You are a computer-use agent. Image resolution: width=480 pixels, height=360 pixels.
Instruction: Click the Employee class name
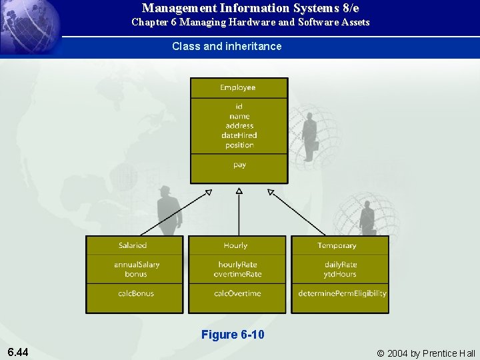(x=239, y=88)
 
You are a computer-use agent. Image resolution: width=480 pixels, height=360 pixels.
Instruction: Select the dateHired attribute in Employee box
(x=239, y=135)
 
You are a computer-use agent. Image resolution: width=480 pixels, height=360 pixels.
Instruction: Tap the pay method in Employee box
(x=239, y=165)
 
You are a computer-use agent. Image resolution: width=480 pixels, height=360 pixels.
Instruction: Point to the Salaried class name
(x=133, y=245)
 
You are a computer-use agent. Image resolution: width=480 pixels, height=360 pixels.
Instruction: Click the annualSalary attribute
(x=137, y=265)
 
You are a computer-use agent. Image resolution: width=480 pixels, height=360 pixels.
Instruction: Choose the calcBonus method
(x=136, y=293)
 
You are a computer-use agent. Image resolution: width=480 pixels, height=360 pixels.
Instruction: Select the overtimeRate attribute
(x=237, y=274)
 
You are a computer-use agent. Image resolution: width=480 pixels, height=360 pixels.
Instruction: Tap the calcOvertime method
(x=237, y=293)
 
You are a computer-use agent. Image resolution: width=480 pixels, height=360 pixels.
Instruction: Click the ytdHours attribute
(x=341, y=274)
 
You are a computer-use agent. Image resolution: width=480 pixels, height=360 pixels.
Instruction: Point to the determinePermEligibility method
(x=342, y=293)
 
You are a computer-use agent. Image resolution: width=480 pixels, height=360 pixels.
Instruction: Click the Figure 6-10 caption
(x=233, y=335)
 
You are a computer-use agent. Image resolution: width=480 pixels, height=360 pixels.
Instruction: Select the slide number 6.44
(x=17, y=352)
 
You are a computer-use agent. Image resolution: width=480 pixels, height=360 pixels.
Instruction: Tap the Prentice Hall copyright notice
(x=426, y=353)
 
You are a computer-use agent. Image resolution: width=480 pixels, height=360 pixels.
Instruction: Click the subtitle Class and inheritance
(x=227, y=47)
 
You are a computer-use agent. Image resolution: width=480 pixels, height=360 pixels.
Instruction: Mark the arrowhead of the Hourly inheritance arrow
(x=239, y=191)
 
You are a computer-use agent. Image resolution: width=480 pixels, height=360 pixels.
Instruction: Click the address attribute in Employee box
(x=239, y=125)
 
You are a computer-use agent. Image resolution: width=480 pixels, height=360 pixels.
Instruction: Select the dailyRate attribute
(x=341, y=265)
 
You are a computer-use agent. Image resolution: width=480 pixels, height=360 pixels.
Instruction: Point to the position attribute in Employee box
(x=239, y=145)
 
